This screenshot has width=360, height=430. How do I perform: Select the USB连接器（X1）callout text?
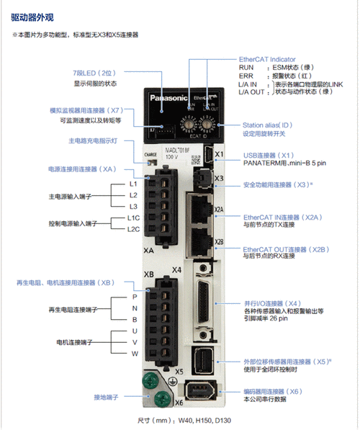(268, 154)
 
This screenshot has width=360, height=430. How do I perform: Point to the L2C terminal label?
(133, 229)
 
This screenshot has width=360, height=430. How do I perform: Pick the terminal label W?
(133, 354)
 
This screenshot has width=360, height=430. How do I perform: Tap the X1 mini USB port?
(205, 155)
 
